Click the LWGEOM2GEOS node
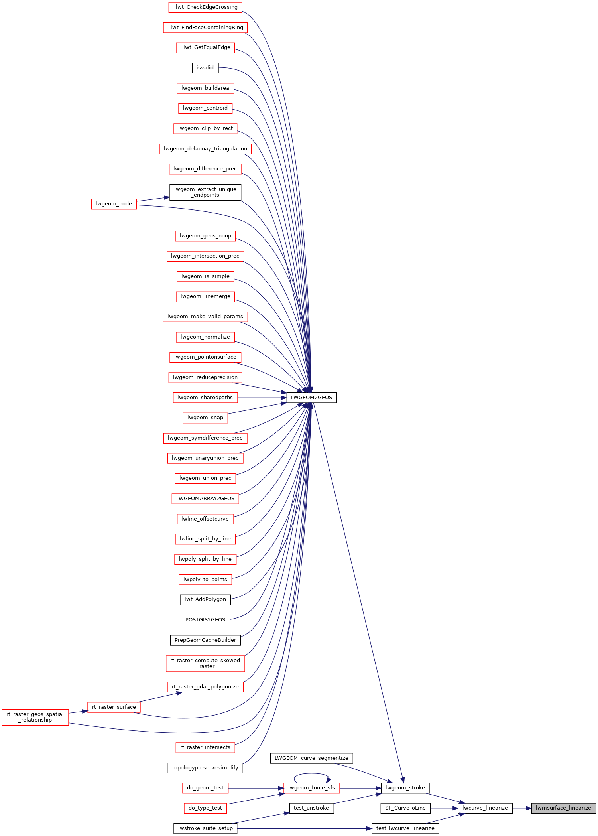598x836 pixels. [x=311, y=398]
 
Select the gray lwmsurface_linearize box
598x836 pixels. [x=563, y=808]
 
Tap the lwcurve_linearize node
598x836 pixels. [x=485, y=808]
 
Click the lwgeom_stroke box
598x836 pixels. [x=405, y=788]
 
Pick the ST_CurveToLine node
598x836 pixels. [x=405, y=808]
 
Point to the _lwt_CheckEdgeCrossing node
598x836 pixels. [x=205, y=7]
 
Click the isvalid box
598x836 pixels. [x=205, y=68]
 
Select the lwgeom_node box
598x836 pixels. [x=114, y=204]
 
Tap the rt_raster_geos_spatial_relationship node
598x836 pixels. [x=35, y=717]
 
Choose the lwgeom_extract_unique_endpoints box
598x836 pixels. [x=205, y=192]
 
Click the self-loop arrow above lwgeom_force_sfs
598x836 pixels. [x=312, y=775]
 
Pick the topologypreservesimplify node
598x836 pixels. [x=205, y=767]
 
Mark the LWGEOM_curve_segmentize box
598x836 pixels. [x=311, y=758]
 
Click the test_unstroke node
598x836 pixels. [x=311, y=808]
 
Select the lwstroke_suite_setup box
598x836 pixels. [x=205, y=828]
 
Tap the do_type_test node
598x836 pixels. [x=205, y=808]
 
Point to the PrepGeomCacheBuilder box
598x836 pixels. [x=205, y=640]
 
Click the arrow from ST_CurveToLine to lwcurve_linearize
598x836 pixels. [x=444, y=808]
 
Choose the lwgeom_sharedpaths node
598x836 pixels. [x=205, y=398]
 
